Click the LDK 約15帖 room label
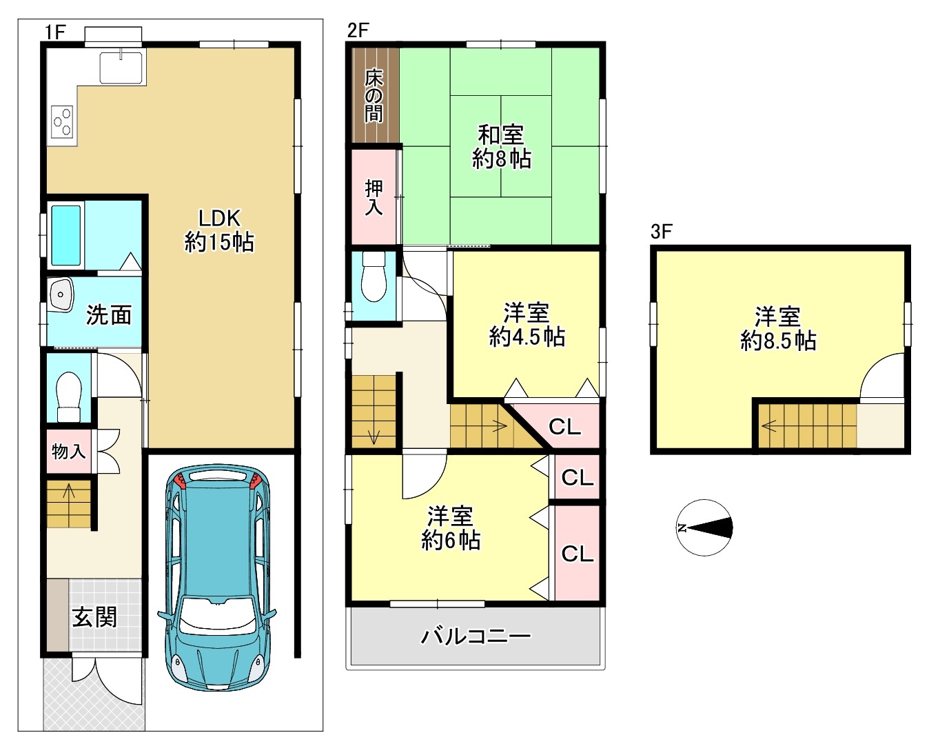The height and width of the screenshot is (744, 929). coord(219,230)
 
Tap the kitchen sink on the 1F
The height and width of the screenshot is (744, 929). coord(121,68)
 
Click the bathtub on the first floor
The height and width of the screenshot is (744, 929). coord(66,235)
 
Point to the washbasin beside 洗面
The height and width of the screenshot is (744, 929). coord(61,294)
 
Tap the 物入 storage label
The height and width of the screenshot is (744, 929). coord(68,452)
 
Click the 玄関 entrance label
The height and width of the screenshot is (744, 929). coord(94,617)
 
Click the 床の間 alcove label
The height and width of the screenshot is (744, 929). coord(374,97)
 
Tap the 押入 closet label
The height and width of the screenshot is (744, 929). coord(374,197)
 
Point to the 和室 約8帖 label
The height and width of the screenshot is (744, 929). coord(501,147)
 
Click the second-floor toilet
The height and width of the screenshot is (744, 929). coord(374,277)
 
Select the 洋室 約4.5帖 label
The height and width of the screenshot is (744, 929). coord(527,325)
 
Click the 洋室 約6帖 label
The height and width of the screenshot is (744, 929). coord(451,528)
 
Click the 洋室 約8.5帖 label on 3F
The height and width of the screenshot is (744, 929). coord(778,329)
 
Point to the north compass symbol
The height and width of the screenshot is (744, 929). coord(704,527)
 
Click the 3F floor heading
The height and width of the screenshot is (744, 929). coord(662,232)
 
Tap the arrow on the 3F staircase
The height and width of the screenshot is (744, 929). coord(769,426)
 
